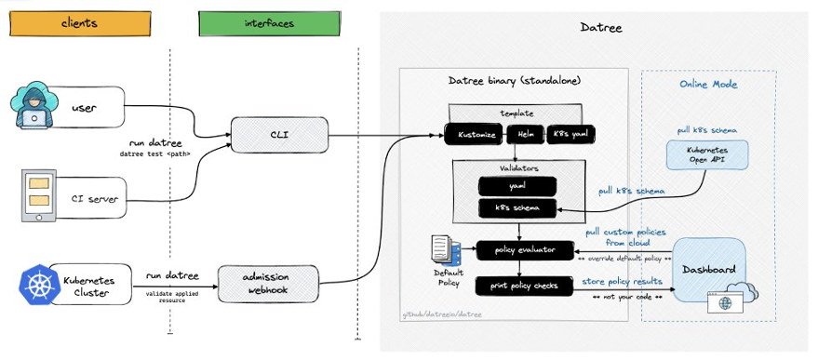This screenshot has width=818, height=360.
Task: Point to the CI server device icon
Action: (x=39, y=196)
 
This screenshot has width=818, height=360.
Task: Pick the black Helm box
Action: (x=526, y=136)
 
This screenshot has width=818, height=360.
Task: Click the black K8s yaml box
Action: (x=570, y=136)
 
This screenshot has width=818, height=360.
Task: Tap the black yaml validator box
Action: (x=517, y=185)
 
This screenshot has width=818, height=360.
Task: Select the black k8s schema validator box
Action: (x=517, y=207)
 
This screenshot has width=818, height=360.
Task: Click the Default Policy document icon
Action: (x=445, y=249)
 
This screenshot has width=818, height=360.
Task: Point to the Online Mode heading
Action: (x=709, y=84)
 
